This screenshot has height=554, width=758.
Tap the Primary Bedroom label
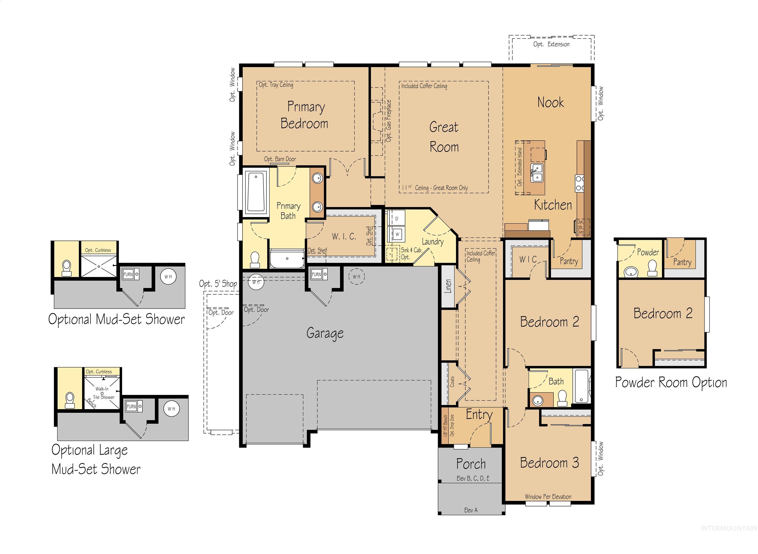point(305,115)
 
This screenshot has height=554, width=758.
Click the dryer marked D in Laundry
point(397,219)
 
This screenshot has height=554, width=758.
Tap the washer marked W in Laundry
point(397,234)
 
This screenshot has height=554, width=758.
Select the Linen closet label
point(448,286)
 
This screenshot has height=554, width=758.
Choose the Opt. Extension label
point(551,44)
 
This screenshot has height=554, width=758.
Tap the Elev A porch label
point(471,510)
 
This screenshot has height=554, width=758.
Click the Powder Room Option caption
point(671,383)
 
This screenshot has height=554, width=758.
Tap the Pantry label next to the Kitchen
point(569,261)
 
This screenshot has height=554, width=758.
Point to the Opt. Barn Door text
point(280,159)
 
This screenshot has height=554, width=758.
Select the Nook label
point(550,102)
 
